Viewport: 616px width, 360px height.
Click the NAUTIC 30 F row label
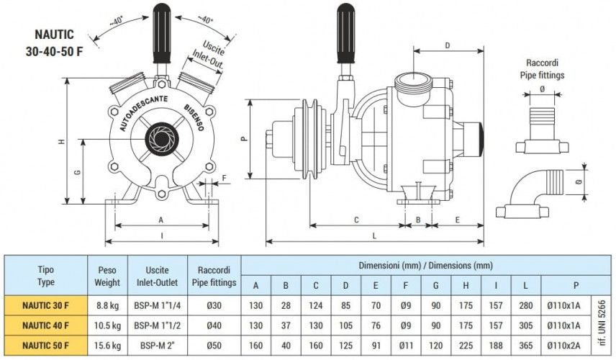coord(45,305)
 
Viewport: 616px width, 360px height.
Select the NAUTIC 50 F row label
coord(45,345)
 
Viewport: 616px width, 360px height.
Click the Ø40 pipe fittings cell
coord(214,325)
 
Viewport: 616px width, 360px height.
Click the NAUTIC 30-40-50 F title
coord(60,42)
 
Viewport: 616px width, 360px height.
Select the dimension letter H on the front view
coord(62,142)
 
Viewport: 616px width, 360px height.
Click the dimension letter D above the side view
coord(448,45)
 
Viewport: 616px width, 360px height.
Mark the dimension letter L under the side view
coord(375,235)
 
